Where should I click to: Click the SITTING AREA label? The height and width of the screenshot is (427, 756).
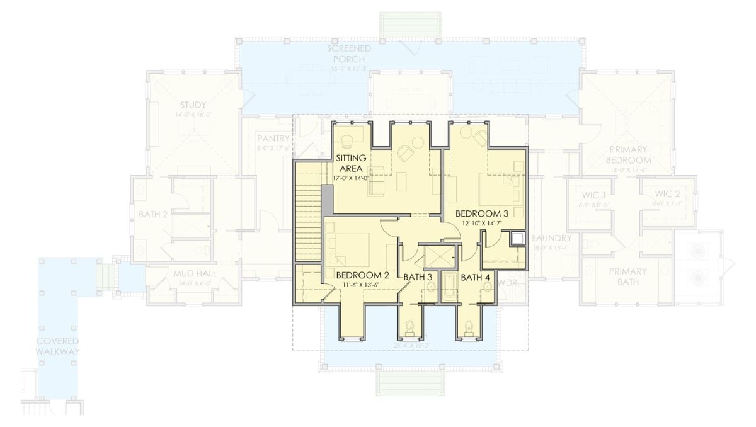[x=352, y=163]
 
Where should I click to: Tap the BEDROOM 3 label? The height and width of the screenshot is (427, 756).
[x=482, y=213]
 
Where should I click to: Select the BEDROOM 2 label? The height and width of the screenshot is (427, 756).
[x=362, y=276]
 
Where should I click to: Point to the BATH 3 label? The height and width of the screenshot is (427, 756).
[x=418, y=276]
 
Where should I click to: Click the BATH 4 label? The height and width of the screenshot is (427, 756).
[x=475, y=276]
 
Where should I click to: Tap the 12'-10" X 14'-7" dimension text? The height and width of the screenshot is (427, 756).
[x=483, y=223]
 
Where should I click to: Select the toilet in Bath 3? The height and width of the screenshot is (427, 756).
[x=411, y=327]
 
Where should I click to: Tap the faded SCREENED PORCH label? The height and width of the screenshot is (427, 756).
[x=348, y=54]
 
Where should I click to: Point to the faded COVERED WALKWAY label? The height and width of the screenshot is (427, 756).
[x=57, y=346]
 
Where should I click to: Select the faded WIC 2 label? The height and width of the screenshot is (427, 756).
[x=668, y=193]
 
